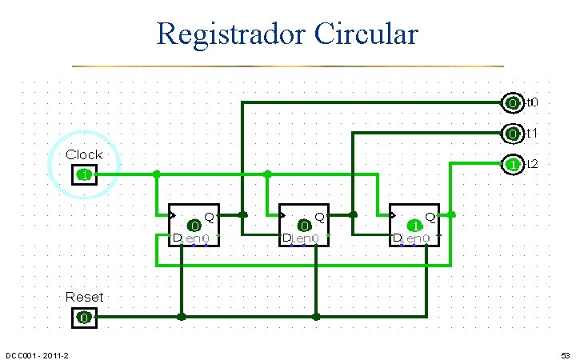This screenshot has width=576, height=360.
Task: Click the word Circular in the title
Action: (367, 34)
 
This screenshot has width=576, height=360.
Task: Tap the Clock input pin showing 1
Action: (84, 174)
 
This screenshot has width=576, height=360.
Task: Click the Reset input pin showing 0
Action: (84, 318)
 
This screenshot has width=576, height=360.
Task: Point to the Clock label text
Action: (84, 154)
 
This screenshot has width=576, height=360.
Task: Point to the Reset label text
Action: (84, 297)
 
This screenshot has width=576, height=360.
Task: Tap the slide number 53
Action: (563, 354)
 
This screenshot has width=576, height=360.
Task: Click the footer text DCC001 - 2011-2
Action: (37, 354)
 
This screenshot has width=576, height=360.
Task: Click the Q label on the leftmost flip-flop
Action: (210, 216)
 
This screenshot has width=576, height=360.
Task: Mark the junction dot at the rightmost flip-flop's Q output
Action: (452, 214)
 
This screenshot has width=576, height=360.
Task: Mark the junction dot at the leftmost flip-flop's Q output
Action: (243, 214)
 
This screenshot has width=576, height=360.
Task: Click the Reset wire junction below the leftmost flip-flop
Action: (182, 317)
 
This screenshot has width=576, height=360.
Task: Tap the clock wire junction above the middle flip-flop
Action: (267, 174)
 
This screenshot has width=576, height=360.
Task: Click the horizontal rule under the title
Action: (288, 66)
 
